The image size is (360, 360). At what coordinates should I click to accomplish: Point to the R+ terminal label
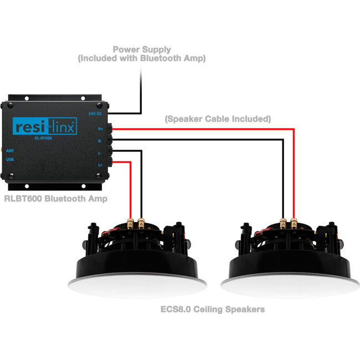click(100, 128)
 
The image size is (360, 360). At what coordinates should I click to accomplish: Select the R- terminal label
click(100, 141)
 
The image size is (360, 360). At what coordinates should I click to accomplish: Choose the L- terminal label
click(100, 152)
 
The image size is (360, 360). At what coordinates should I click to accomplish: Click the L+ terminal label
click(100, 164)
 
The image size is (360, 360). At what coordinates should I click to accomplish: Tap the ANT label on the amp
click(10, 150)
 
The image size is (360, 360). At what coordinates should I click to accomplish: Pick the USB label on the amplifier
click(10, 160)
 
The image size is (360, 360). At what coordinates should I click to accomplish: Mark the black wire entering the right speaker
click(284, 216)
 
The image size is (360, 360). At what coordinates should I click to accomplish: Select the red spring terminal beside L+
click(111, 162)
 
